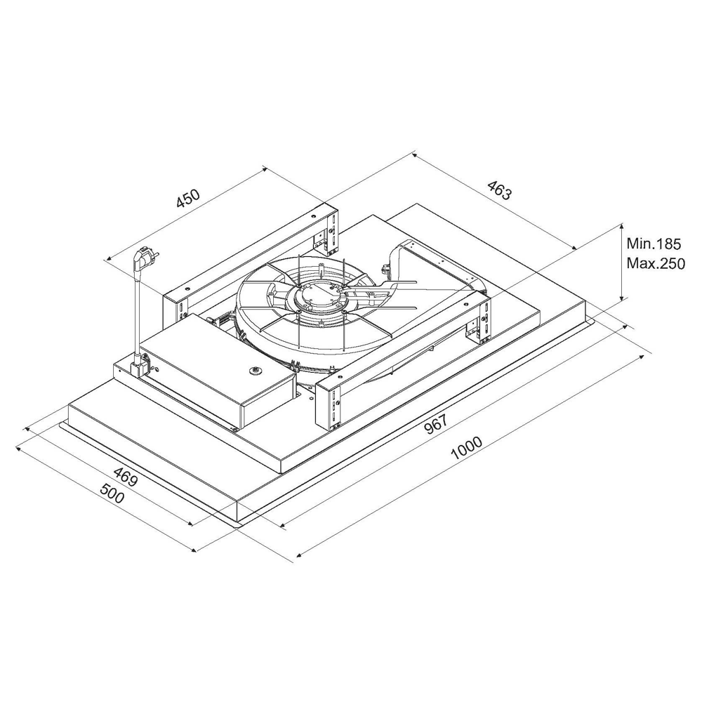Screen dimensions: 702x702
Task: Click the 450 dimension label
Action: [187, 199]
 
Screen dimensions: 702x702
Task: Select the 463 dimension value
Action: [498, 190]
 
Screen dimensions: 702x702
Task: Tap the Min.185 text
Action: [653, 244]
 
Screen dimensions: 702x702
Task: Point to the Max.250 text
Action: [656, 264]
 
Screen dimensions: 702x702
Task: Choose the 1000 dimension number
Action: [467, 448]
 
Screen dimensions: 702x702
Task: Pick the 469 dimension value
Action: [125, 477]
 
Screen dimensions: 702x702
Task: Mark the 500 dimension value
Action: [112, 493]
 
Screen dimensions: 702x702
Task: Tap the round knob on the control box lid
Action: [256, 371]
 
